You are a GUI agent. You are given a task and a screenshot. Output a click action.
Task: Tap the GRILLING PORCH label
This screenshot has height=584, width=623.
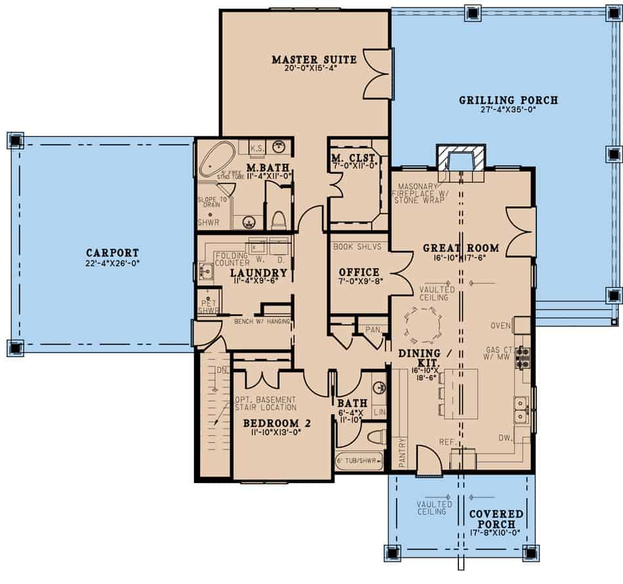[x=508, y=100]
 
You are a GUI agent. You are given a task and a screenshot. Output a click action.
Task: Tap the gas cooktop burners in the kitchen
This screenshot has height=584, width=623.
[x=523, y=359]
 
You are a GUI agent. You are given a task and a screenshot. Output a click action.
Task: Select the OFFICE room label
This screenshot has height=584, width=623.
[x=359, y=272]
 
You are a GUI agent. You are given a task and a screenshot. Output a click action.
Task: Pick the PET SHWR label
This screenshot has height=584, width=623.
[x=209, y=306]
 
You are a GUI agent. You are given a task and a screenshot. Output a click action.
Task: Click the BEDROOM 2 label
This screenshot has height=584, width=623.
[x=276, y=423]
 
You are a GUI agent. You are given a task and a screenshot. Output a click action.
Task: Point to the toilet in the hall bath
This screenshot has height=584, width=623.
[x=374, y=437]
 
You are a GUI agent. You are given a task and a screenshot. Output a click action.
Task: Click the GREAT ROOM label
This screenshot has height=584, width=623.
[x=461, y=248]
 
